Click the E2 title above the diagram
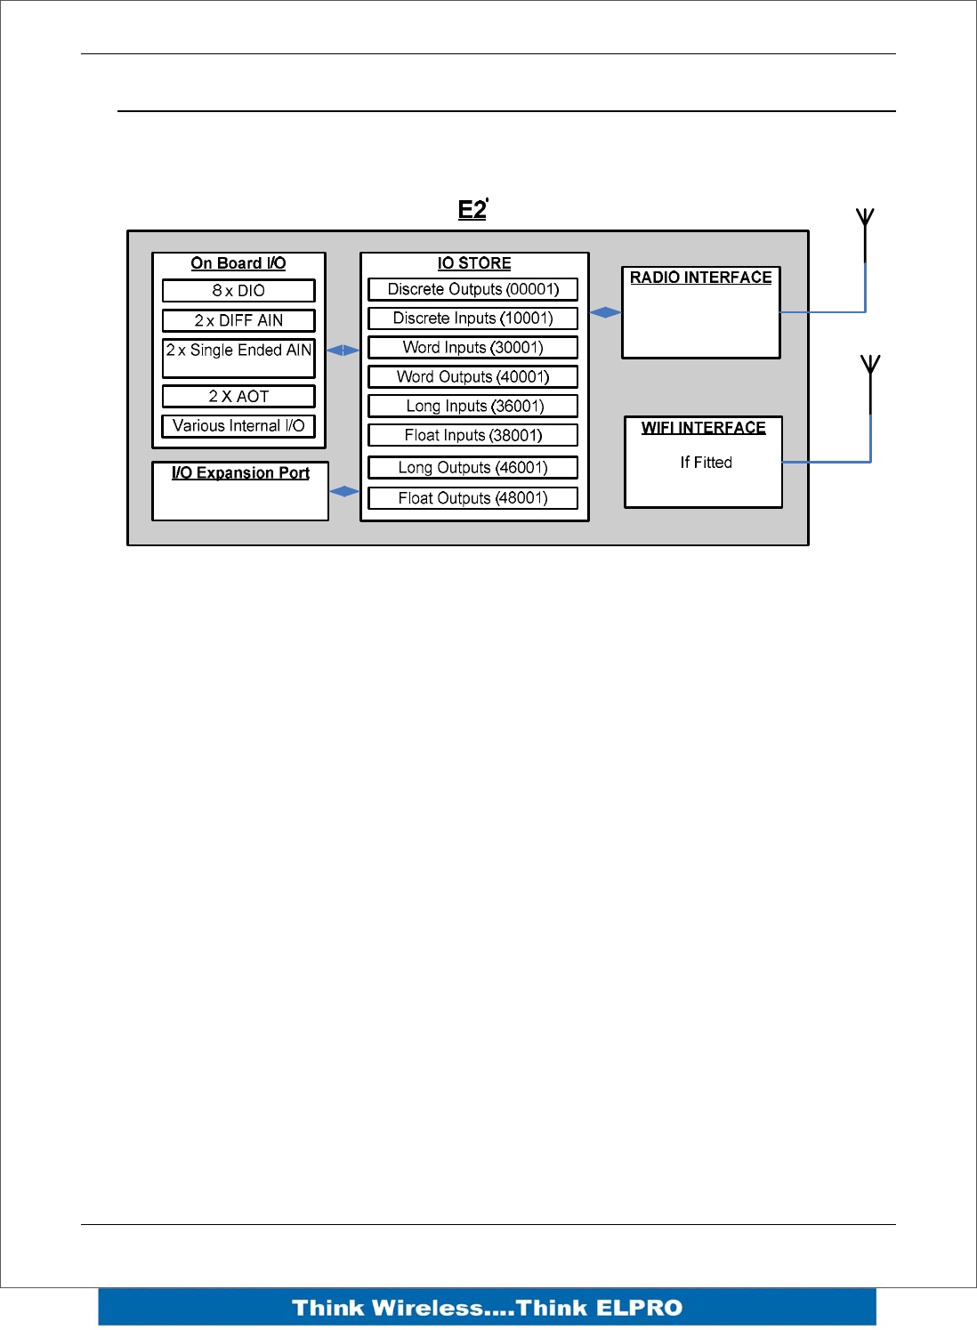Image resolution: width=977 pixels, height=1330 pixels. [x=472, y=210]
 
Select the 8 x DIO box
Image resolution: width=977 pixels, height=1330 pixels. [x=238, y=291]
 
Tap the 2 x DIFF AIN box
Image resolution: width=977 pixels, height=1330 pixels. [x=238, y=320]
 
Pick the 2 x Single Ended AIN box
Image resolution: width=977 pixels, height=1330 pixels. [x=238, y=358]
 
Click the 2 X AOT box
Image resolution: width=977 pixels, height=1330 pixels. [x=238, y=397]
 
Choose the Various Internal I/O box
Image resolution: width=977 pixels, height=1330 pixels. [x=238, y=426]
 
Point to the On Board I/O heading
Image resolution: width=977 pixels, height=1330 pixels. [x=238, y=263]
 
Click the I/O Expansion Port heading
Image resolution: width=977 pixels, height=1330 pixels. [x=240, y=473]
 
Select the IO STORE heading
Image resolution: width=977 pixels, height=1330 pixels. [x=474, y=263]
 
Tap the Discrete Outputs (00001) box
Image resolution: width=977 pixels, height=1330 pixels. [x=473, y=289]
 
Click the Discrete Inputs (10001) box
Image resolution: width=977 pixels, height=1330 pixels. [x=473, y=318]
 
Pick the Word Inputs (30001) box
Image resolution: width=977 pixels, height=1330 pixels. [x=473, y=348]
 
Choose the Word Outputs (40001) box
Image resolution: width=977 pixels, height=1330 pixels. [x=473, y=377]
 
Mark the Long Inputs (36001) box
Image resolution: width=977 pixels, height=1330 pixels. [x=473, y=407]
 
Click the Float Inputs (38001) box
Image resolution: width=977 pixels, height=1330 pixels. [x=473, y=436]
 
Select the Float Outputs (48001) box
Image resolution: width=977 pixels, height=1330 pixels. [x=473, y=498]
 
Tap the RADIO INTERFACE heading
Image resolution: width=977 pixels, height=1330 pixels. [x=701, y=278]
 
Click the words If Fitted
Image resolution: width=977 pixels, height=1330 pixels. [x=706, y=463]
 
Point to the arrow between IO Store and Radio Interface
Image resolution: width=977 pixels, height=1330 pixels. [x=605, y=312]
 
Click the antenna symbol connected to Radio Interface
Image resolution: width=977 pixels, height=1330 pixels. [x=865, y=222]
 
